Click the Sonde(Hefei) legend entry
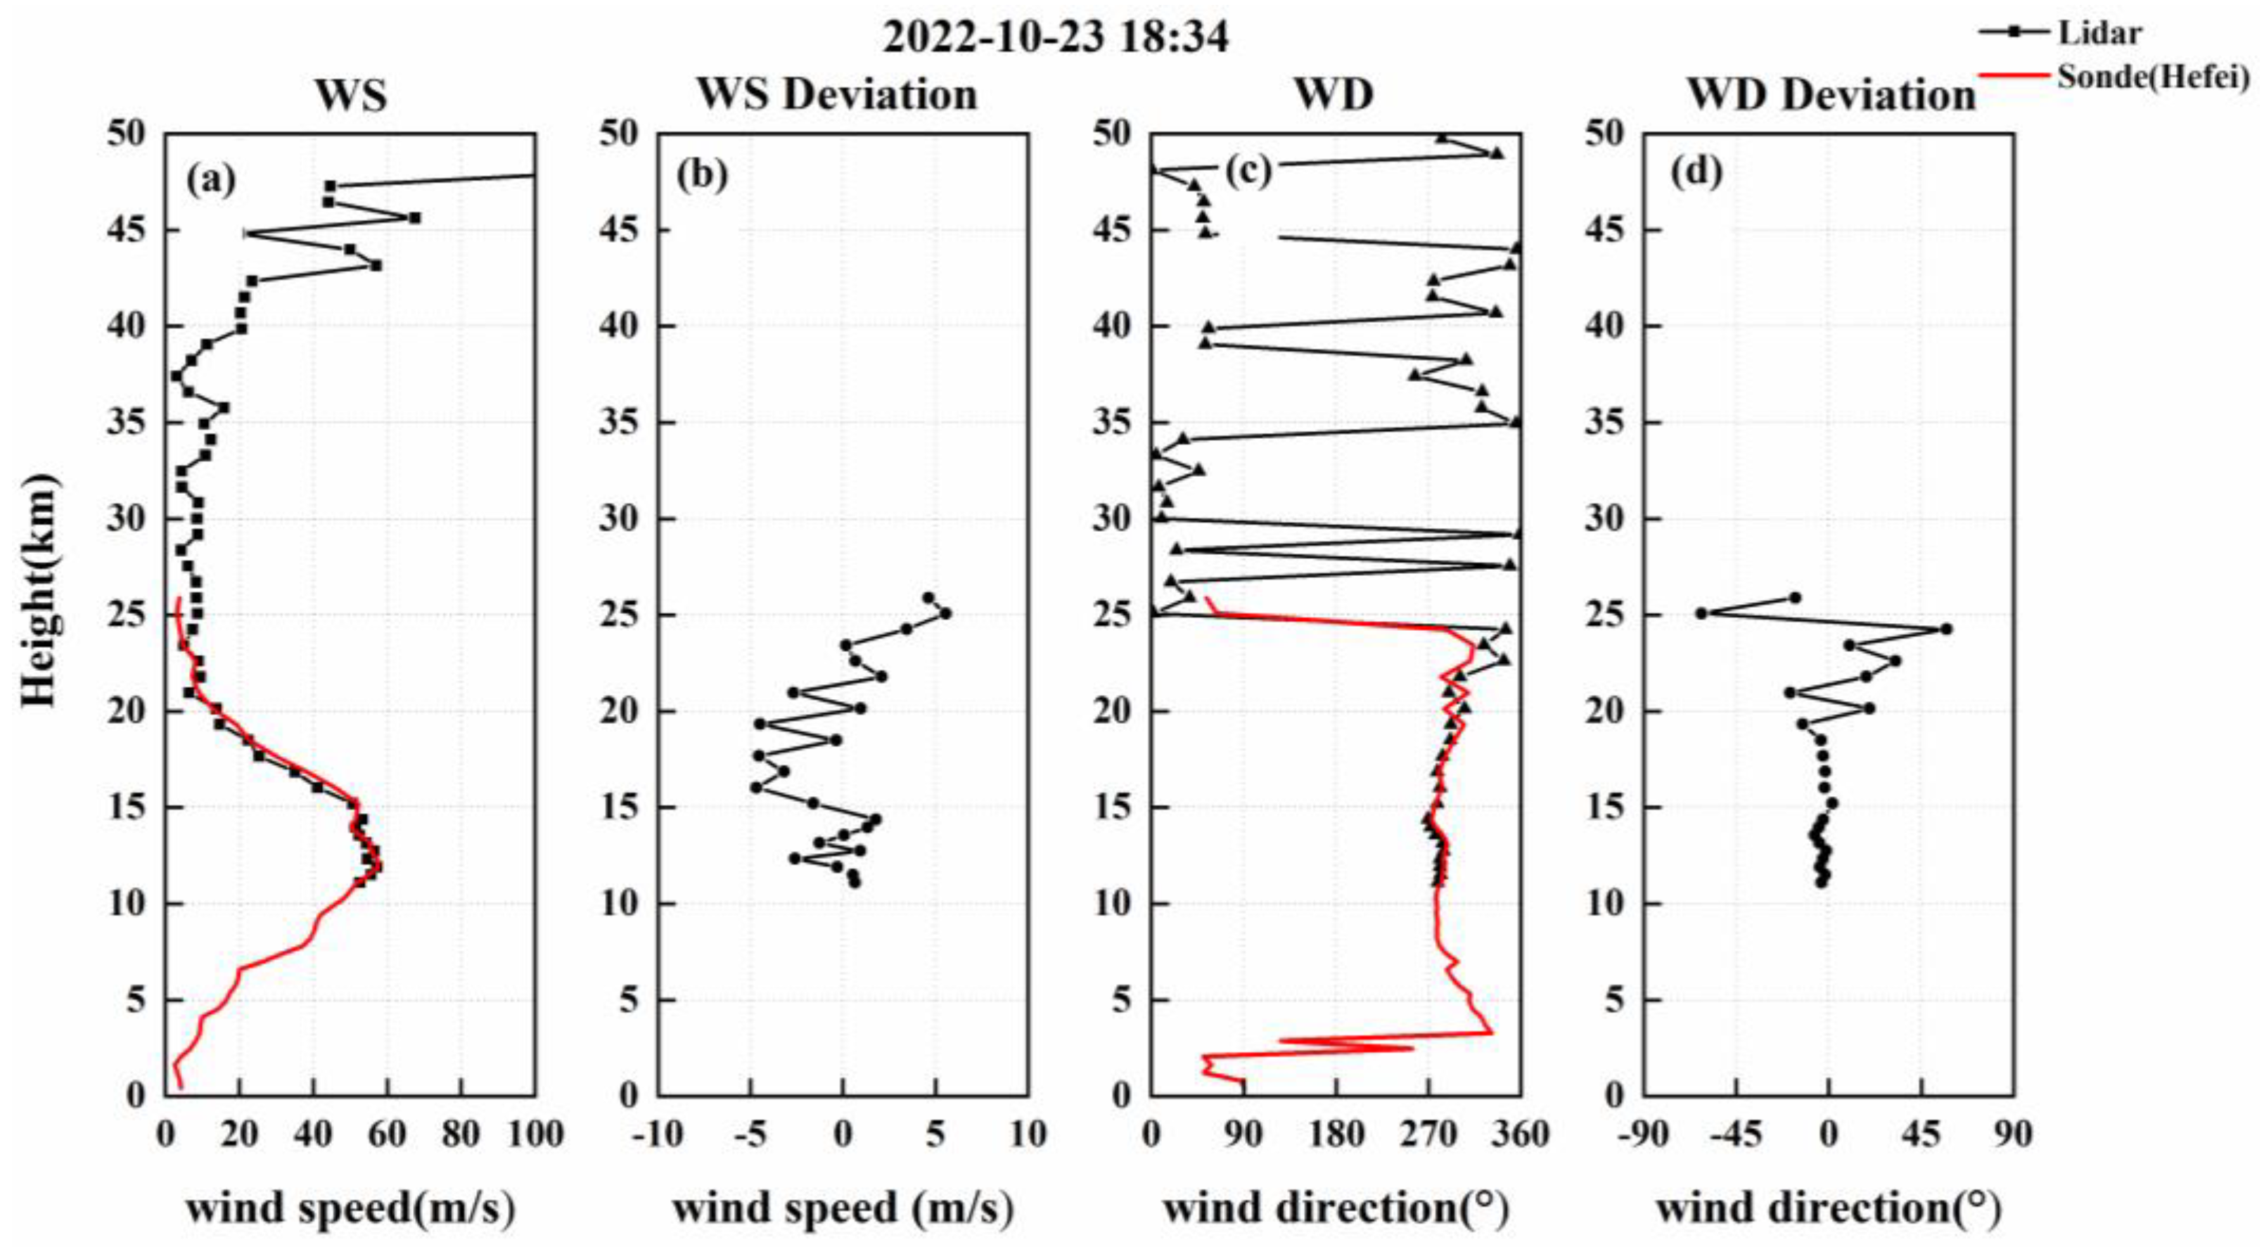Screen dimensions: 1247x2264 click(x=2151, y=77)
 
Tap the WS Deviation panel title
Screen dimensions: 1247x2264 click(x=837, y=95)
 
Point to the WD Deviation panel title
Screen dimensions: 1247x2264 click(x=1831, y=95)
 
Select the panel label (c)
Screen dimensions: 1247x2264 click(x=1247, y=172)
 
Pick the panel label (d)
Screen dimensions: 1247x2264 click(x=1696, y=172)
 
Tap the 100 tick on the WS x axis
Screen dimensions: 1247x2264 click(x=535, y=1134)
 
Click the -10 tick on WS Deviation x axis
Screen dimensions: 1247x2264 click(x=658, y=1134)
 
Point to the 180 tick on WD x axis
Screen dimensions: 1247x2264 click(x=1336, y=1134)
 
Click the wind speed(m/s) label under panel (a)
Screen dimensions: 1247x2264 click(x=350, y=1208)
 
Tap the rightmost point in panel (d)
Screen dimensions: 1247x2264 click(x=1946, y=629)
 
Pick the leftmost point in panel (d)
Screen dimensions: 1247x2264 click(x=1701, y=613)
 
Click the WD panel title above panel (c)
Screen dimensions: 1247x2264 click(x=1334, y=95)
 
